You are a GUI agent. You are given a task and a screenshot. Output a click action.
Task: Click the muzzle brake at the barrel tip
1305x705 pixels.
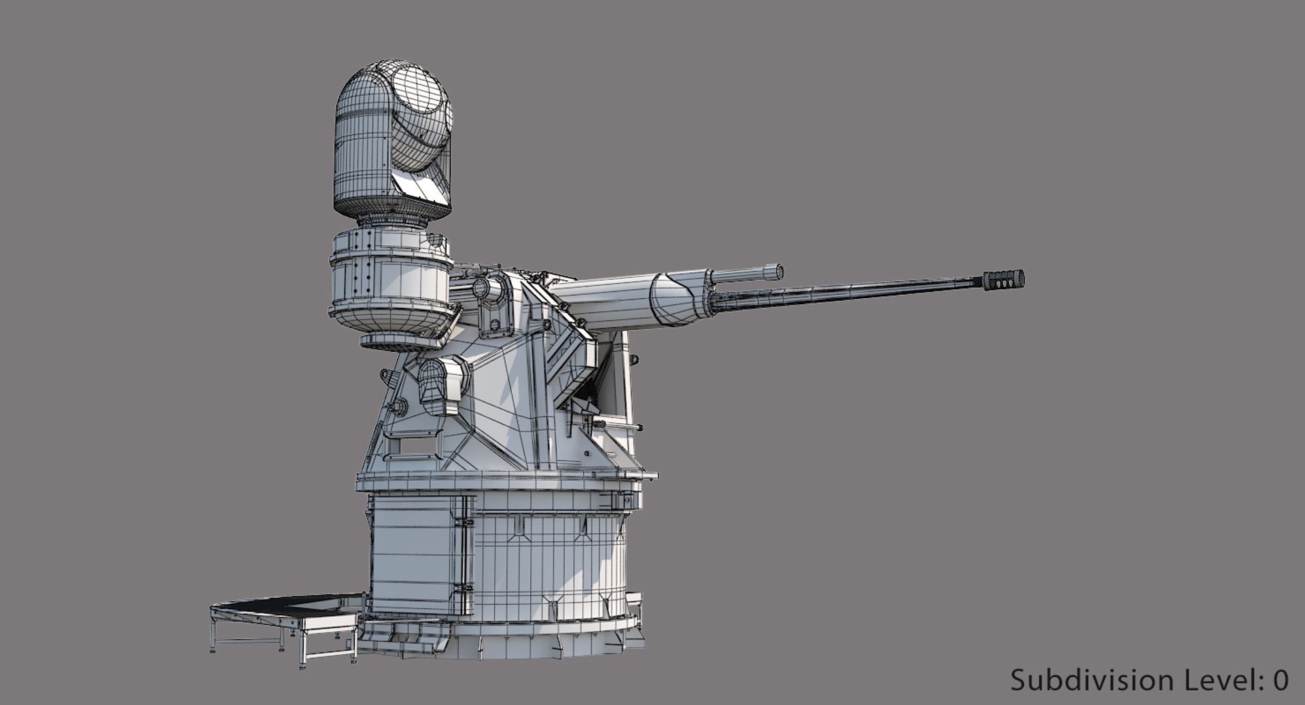(x=1003, y=280)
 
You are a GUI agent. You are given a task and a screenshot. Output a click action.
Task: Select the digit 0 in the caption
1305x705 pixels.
(x=1281, y=680)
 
